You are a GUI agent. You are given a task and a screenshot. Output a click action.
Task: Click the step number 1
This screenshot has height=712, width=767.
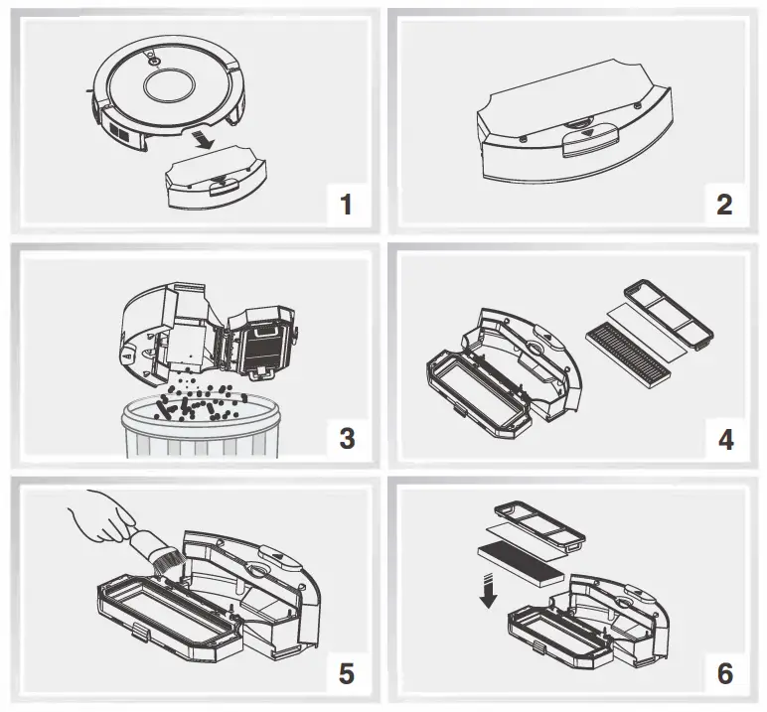pyautogui.click(x=346, y=205)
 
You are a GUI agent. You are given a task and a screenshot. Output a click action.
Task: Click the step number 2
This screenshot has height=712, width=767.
pyautogui.click(x=724, y=205)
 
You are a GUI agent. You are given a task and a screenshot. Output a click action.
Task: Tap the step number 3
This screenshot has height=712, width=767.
pyautogui.click(x=346, y=438)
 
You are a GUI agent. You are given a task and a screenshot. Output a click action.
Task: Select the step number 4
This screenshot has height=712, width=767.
pyautogui.click(x=724, y=438)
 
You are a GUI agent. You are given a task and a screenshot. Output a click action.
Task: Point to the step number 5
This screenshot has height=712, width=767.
pyautogui.click(x=346, y=673)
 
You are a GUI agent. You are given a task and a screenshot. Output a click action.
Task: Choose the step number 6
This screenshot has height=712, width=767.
pyautogui.click(x=724, y=673)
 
